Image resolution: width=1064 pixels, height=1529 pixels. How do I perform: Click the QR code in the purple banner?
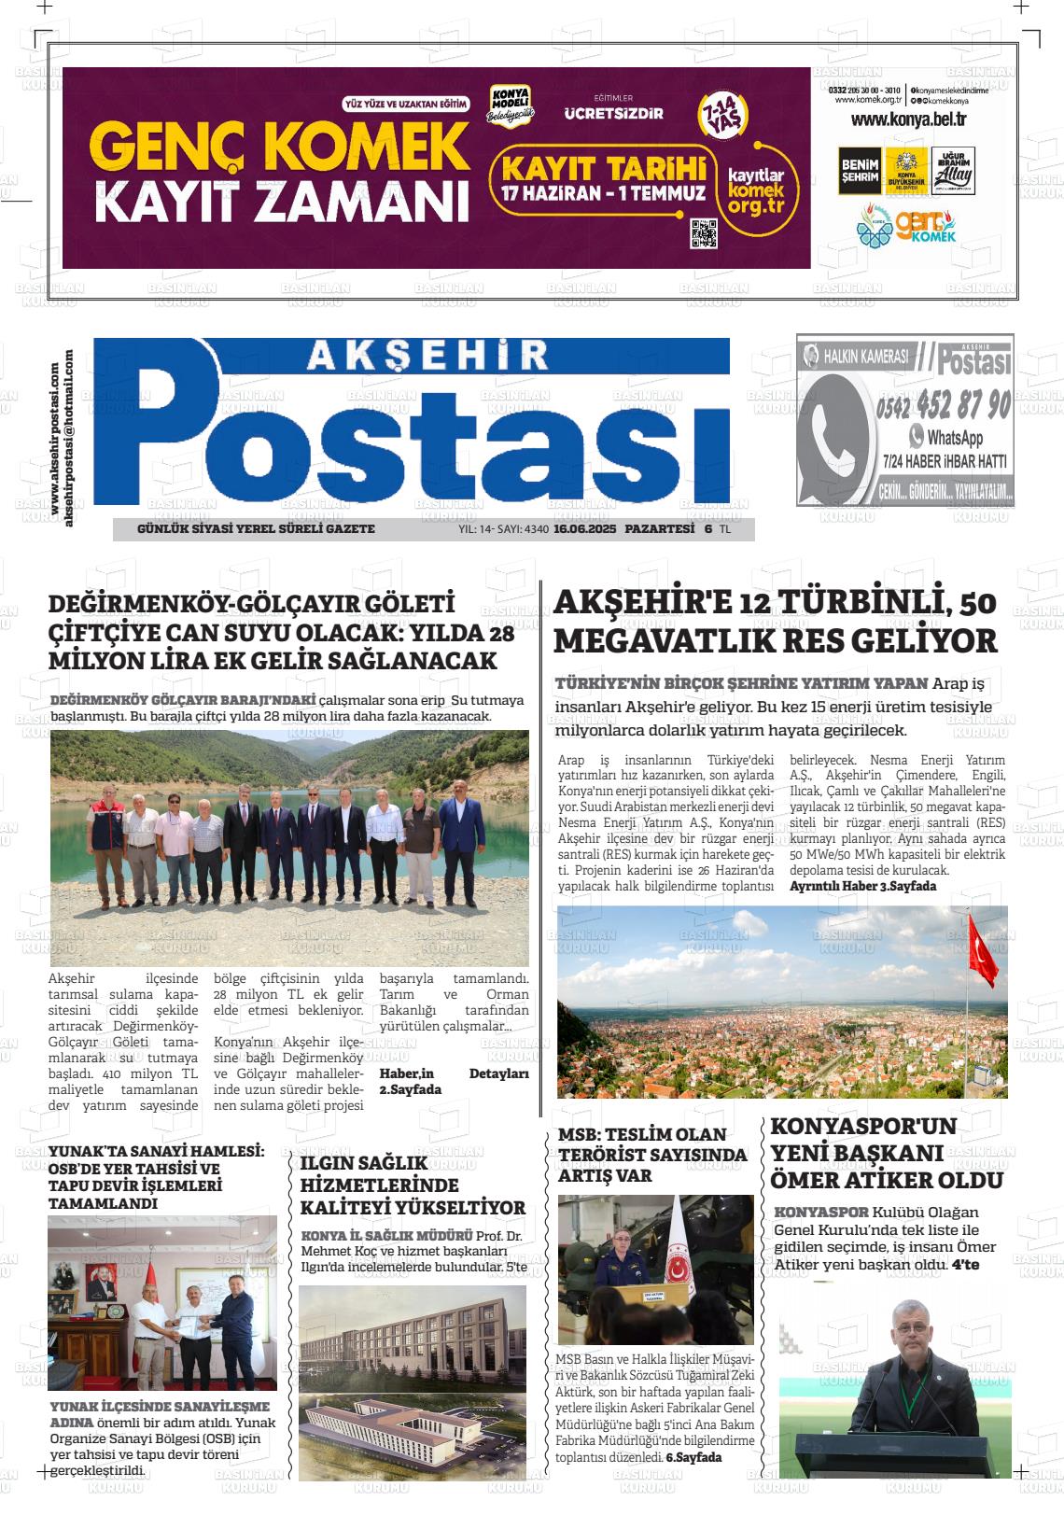click(704, 233)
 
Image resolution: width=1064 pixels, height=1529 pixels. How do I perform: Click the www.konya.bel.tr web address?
click(907, 119)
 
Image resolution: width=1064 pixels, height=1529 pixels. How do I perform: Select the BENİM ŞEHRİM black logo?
click(859, 171)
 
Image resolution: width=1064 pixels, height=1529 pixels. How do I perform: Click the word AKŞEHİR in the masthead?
click(427, 356)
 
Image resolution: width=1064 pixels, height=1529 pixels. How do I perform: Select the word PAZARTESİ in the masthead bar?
click(660, 529)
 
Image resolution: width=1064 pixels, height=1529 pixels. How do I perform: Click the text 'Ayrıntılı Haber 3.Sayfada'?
click(862, 886)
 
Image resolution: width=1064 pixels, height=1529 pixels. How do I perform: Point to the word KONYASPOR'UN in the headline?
click(863, 1126)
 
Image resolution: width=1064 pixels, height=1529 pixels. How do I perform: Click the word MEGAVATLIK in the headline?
click(666, 641)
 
